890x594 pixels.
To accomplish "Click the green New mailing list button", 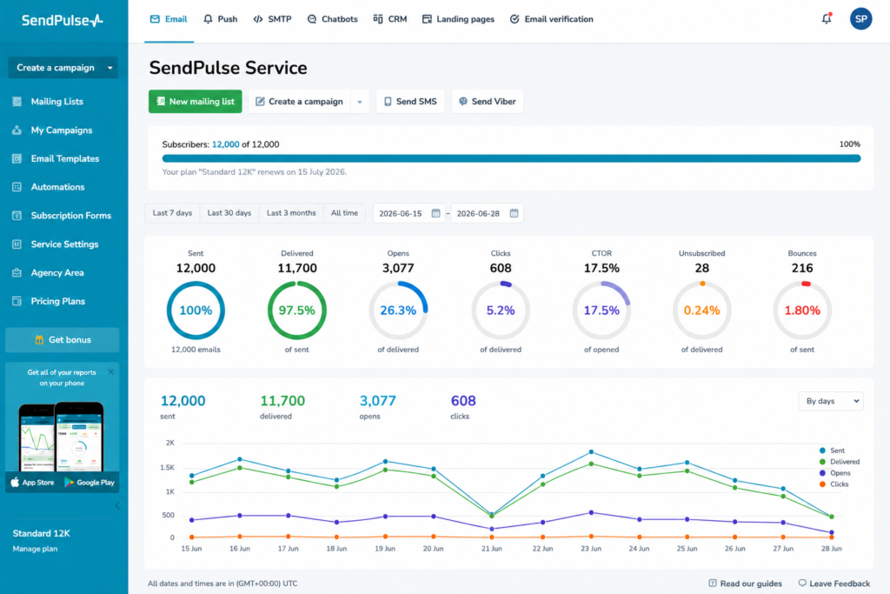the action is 196,102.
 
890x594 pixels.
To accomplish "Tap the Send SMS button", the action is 410,102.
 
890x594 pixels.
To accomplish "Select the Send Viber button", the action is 488,102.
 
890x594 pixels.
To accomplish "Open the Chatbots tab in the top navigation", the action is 333,19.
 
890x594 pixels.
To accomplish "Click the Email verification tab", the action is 551,19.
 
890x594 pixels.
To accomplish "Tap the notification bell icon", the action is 827,19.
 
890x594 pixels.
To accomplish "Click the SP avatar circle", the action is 860,19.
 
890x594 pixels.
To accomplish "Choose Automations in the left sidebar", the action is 57,187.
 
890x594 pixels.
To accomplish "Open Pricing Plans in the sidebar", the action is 57,301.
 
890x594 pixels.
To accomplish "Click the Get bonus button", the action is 63,339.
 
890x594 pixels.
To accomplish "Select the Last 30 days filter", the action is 229,213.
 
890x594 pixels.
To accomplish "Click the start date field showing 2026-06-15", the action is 408,214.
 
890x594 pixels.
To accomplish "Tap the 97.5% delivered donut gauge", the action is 297,282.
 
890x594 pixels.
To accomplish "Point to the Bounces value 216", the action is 802,268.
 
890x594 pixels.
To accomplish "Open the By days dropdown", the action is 831,401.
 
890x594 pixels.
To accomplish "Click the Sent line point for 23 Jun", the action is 591,452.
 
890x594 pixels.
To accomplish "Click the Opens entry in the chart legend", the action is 834,473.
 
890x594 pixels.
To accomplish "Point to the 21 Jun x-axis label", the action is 492,549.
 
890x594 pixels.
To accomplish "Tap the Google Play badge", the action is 90,482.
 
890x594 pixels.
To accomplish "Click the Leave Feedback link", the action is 834,584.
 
